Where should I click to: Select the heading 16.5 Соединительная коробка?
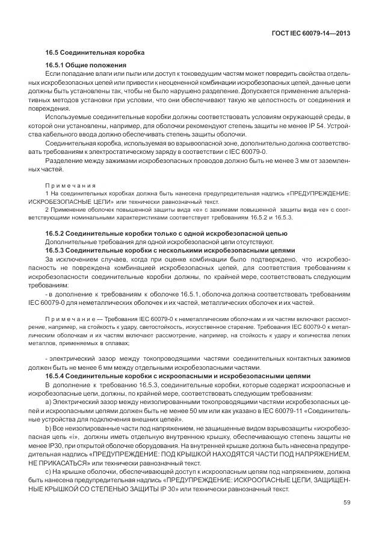click(x=94, y=52)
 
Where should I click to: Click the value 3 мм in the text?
click(x=306, y=161)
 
